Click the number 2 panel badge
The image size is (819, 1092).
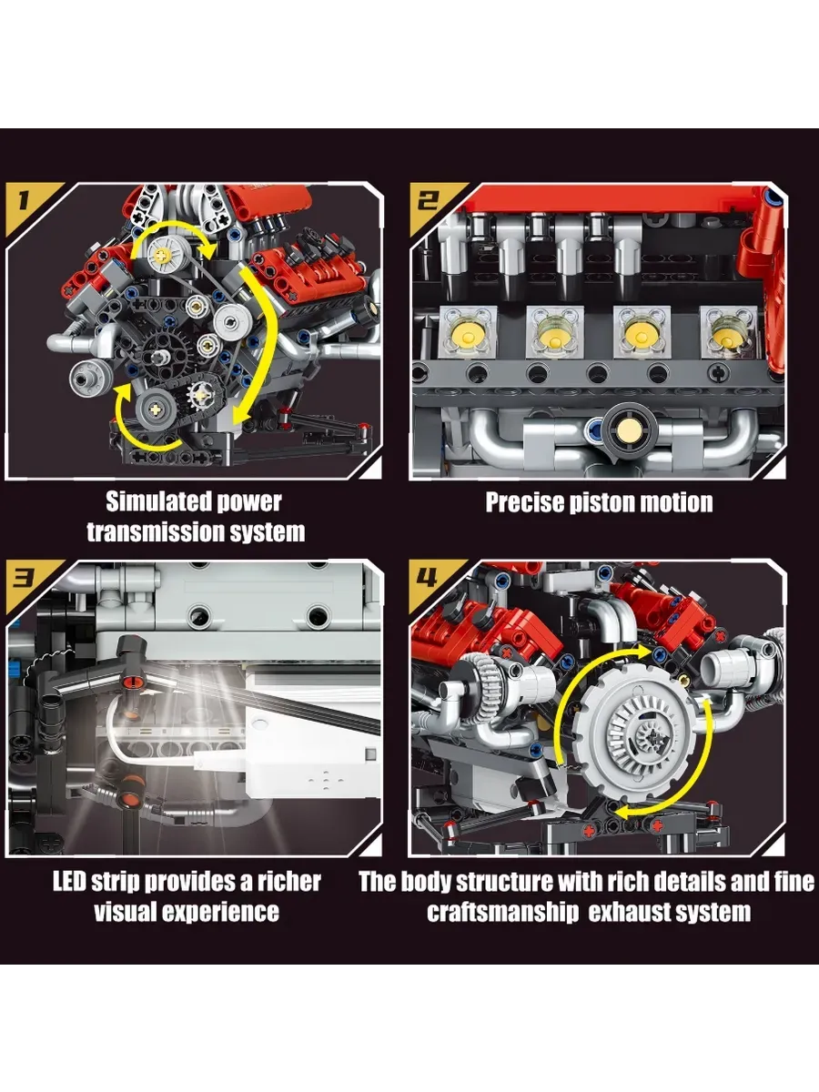pos(429,201)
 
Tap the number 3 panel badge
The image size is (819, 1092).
pos(24,579)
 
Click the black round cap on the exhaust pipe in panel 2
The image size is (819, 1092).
pos(630,428)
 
